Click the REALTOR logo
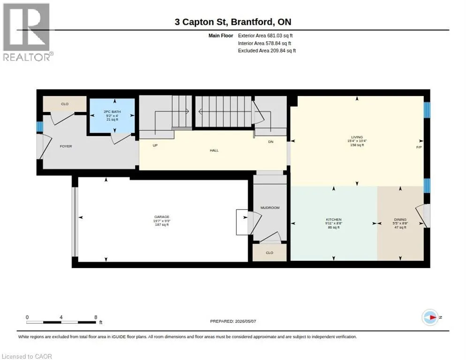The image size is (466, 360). pyautogui.click(x=28, y=32)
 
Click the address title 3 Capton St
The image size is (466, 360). pyautogui.click(x=201, y=22)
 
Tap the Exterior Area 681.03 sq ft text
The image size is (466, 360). pyautogui.click(x=265, y=36)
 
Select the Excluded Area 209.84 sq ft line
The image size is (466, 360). pyautogui.click(x=267, y=51)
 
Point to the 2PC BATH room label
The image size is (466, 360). pyautogui.click(x=112, y=112)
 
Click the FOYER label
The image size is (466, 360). pyautogui.click(x=66, y=146)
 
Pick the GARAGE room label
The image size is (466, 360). pyautogui.click(x=162, y=217)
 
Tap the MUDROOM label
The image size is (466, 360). pyautogui.click(x=270, y=208)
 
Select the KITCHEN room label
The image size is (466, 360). pyautogui.click(x=333, y=220)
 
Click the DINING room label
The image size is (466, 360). pyautogui.click(x=400, y=220)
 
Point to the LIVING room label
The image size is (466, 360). pyautogui.click(x=357, y=137)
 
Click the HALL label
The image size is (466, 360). pyautogui.click(x=214, y=150)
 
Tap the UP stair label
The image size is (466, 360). pyautogui.click(x=155, y=145)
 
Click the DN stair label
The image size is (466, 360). pyautogui.click(x=271, y=142)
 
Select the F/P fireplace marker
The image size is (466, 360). pyautogui.click(x=419, y=147)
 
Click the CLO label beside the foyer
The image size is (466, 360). pyautogui.click(x=65, y=104)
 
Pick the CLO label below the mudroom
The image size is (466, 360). pyautogui.click(x=269, y=253)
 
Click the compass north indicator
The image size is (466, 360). pyautogui.click(x=430, y=317)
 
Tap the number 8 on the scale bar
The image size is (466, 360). pyautogui.click(x=96, y=317)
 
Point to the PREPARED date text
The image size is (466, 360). pyautogui.click(x=233, y=322)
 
